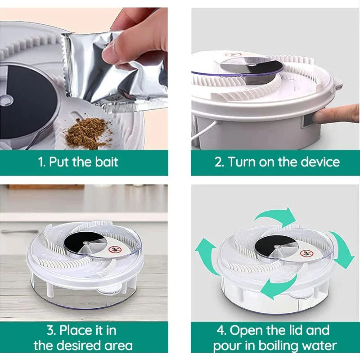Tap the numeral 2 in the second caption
219,162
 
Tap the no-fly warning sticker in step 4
307,253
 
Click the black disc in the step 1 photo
25,101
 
